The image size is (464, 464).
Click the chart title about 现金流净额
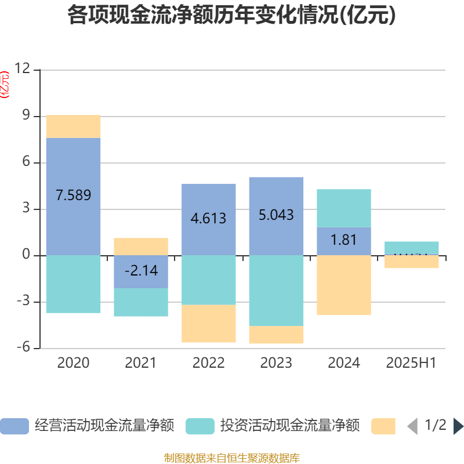[x=231, y=16]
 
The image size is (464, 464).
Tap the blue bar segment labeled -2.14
[x=141, y=271]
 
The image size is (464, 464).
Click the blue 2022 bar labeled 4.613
[x=209, y=219]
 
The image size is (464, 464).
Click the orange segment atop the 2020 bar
[x=73, y=126]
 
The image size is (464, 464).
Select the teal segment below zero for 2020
[x=73, y=284]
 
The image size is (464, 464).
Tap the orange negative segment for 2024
[x=344, y=285]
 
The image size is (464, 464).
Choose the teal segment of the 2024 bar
[x=344, y=208]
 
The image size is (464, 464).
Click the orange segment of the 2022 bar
[x=209, y=324]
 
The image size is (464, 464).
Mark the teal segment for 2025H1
[x=412, y=248]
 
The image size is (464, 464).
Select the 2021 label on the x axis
[x=141, y=363]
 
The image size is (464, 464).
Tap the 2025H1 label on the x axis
[x=411, y=363]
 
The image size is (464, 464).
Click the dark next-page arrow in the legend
[x=458, y=426]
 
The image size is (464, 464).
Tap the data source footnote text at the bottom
[x=231, y=458]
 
